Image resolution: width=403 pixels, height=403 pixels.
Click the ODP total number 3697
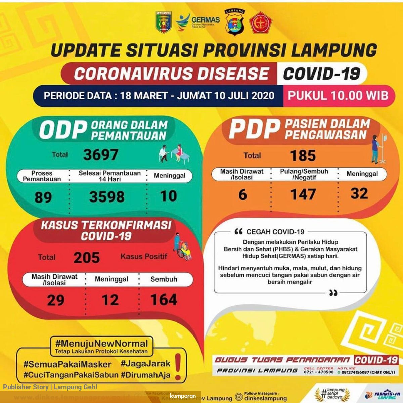click(101, 155)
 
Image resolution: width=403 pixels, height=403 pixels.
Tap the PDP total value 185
click(303, 155)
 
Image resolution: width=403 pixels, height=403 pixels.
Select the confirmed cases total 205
click(87, 258)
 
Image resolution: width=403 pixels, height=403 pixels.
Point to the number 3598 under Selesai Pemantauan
click(107, 197)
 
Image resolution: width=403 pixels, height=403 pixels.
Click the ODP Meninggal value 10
click(168, 196)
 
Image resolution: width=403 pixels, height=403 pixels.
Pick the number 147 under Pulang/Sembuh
click(303, 194)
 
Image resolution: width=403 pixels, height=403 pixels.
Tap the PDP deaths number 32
click(359, 194)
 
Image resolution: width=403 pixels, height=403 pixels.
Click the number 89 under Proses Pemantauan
click(43, 197)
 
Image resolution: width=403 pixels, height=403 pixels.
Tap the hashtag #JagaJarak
click(145, 364)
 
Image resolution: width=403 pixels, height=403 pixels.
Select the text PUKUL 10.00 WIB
click(338, 96)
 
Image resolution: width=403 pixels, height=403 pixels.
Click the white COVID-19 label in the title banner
click(321, 74)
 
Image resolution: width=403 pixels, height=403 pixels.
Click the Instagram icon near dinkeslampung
click(239, 397)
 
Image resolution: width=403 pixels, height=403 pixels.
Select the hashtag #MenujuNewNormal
click(101, 344)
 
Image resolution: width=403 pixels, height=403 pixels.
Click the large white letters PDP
click(254, 129)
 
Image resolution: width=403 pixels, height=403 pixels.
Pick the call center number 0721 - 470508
click(319, 372)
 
